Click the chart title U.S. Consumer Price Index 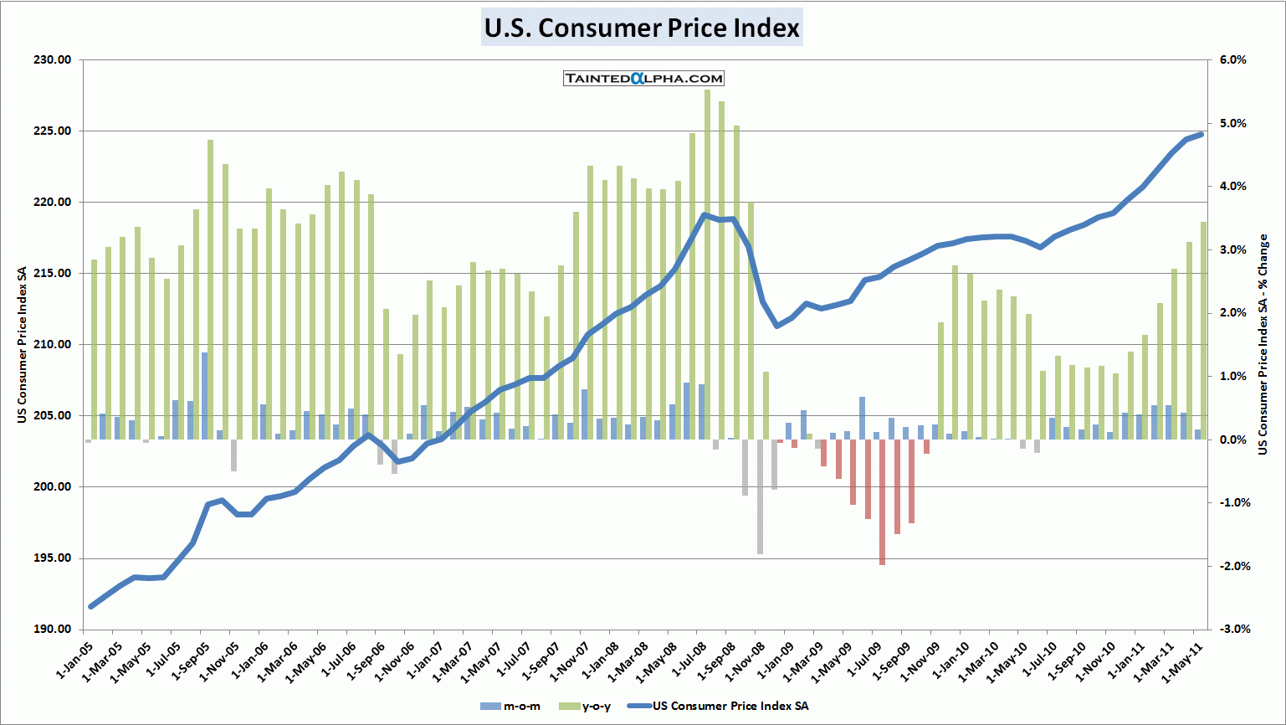642,28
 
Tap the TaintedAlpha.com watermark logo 643,78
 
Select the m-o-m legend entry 512,707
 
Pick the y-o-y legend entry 587,707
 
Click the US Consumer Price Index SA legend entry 720,707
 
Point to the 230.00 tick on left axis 52,60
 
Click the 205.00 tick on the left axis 52,416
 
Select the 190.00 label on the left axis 52,630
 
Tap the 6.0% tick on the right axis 1232,60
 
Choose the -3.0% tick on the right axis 1231,630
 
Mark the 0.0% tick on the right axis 1232,440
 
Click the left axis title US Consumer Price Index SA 23,345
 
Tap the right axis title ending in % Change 1263,345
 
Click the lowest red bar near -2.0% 882,502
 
